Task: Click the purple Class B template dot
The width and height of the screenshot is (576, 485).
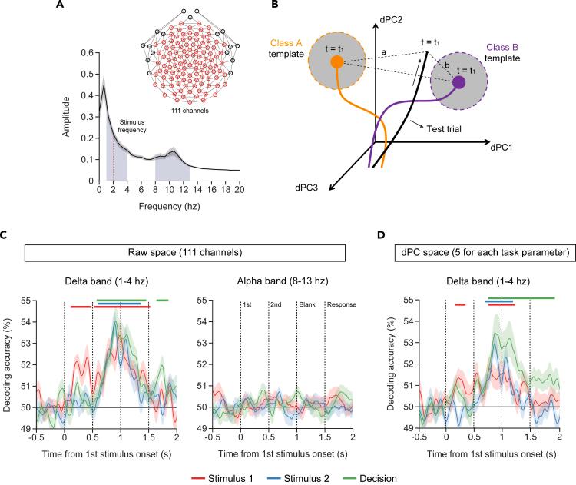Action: [x=458, y=81]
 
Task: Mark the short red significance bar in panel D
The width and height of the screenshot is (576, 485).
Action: [x=460, y=305]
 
